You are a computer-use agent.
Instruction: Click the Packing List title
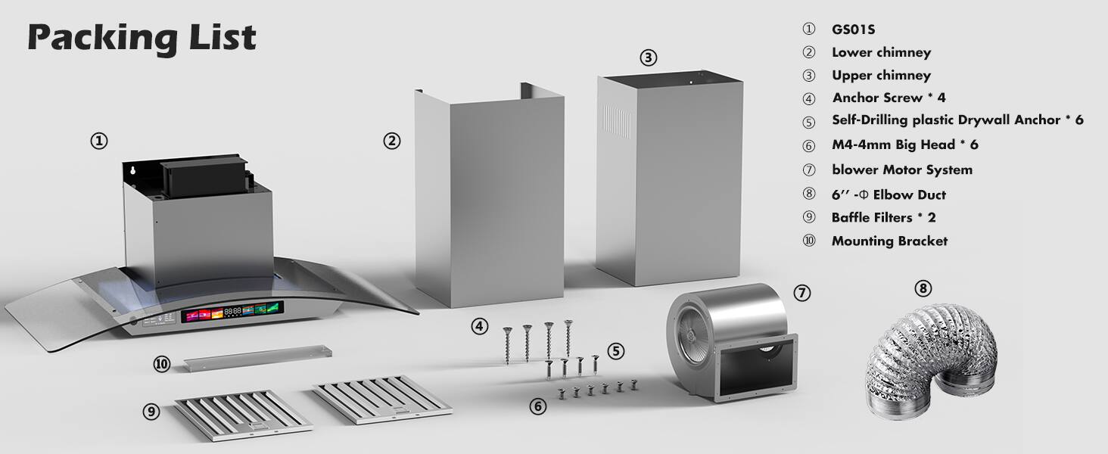point(142,38)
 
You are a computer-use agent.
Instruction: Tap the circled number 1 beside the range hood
point(98,141)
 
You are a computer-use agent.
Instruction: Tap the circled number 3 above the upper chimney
point(648,58)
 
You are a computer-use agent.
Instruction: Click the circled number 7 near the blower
point(802,292)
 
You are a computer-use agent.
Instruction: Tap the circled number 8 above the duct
point(923,288)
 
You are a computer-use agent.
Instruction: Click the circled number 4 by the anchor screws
point(479,327)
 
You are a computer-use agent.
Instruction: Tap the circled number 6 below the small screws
point(538,406)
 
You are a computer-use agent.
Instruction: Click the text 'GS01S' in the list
point(854,30)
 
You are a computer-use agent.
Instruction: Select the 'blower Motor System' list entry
point(901,169)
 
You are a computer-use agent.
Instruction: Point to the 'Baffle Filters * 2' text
point(883,217)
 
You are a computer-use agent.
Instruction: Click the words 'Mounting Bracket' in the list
point(889,241)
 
